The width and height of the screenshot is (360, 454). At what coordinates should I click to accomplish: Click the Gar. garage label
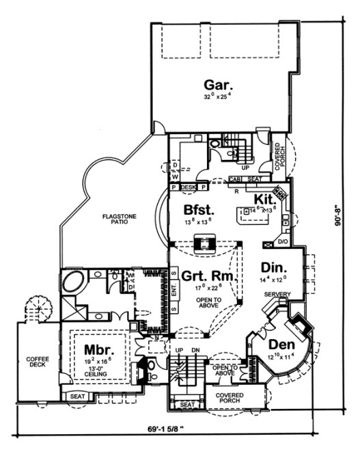(219, 85)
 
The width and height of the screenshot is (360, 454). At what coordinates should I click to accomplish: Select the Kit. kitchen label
(264, 198)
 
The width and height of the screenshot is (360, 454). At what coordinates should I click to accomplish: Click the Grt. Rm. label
(209, 277)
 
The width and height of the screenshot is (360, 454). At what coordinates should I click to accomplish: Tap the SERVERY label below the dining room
(277, 295)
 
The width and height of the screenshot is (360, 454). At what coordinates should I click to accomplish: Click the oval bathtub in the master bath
(72, 281)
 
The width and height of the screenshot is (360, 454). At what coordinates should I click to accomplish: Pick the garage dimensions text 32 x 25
(219, 98)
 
